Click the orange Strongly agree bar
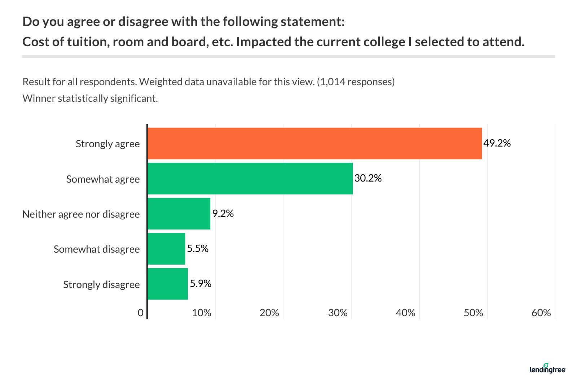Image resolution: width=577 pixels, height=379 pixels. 314,143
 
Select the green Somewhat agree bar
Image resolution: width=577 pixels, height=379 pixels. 250,178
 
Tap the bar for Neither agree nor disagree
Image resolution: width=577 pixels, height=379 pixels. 179,213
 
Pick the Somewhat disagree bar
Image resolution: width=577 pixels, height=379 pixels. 166,249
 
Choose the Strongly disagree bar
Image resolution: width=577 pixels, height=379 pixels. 168,284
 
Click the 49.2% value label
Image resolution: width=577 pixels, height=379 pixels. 497,143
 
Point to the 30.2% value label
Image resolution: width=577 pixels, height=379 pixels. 368,178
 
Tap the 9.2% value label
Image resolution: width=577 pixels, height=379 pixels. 223,214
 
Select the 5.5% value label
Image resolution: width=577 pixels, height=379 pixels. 198,249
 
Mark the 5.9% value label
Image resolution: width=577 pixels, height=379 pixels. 201,284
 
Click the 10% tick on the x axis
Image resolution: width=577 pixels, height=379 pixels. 202,313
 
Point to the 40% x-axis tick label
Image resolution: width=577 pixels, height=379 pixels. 405,313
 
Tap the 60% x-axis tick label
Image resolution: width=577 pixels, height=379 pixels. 541,313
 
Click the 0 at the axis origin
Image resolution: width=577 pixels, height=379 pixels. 141,313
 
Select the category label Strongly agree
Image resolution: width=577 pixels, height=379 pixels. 107,144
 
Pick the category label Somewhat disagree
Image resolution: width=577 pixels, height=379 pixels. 97,249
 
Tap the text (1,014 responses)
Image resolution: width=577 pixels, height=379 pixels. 356,82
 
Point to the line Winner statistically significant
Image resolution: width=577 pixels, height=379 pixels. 90,98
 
